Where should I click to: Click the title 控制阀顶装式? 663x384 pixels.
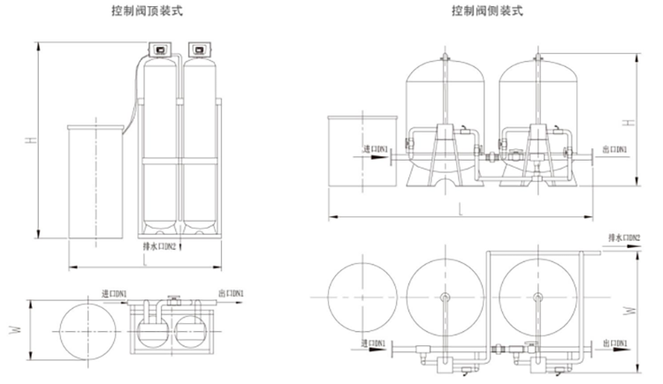point(154,11)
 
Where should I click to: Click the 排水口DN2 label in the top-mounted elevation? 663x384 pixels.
point(159,247)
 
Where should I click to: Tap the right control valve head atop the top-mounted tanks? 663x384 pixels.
point(199,50)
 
